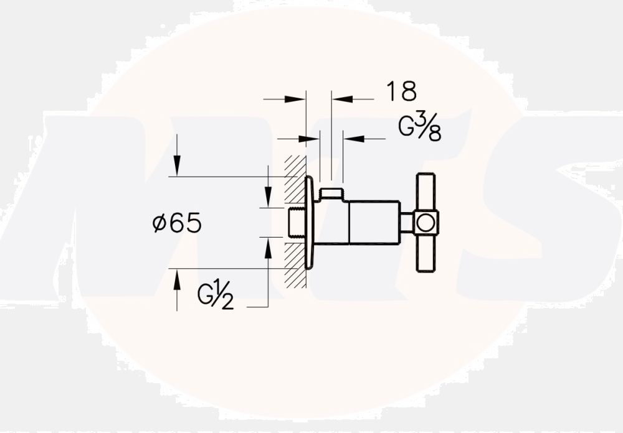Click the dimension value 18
(401, 91)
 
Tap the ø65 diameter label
(177, 223)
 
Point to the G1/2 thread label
(216, 296)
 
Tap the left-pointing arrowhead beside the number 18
(342, 98)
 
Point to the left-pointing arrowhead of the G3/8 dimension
(353, 139)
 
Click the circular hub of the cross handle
(426, 223)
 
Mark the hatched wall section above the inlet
(294, 180)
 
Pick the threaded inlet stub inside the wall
(298, 223)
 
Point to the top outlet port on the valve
(331, 193)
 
